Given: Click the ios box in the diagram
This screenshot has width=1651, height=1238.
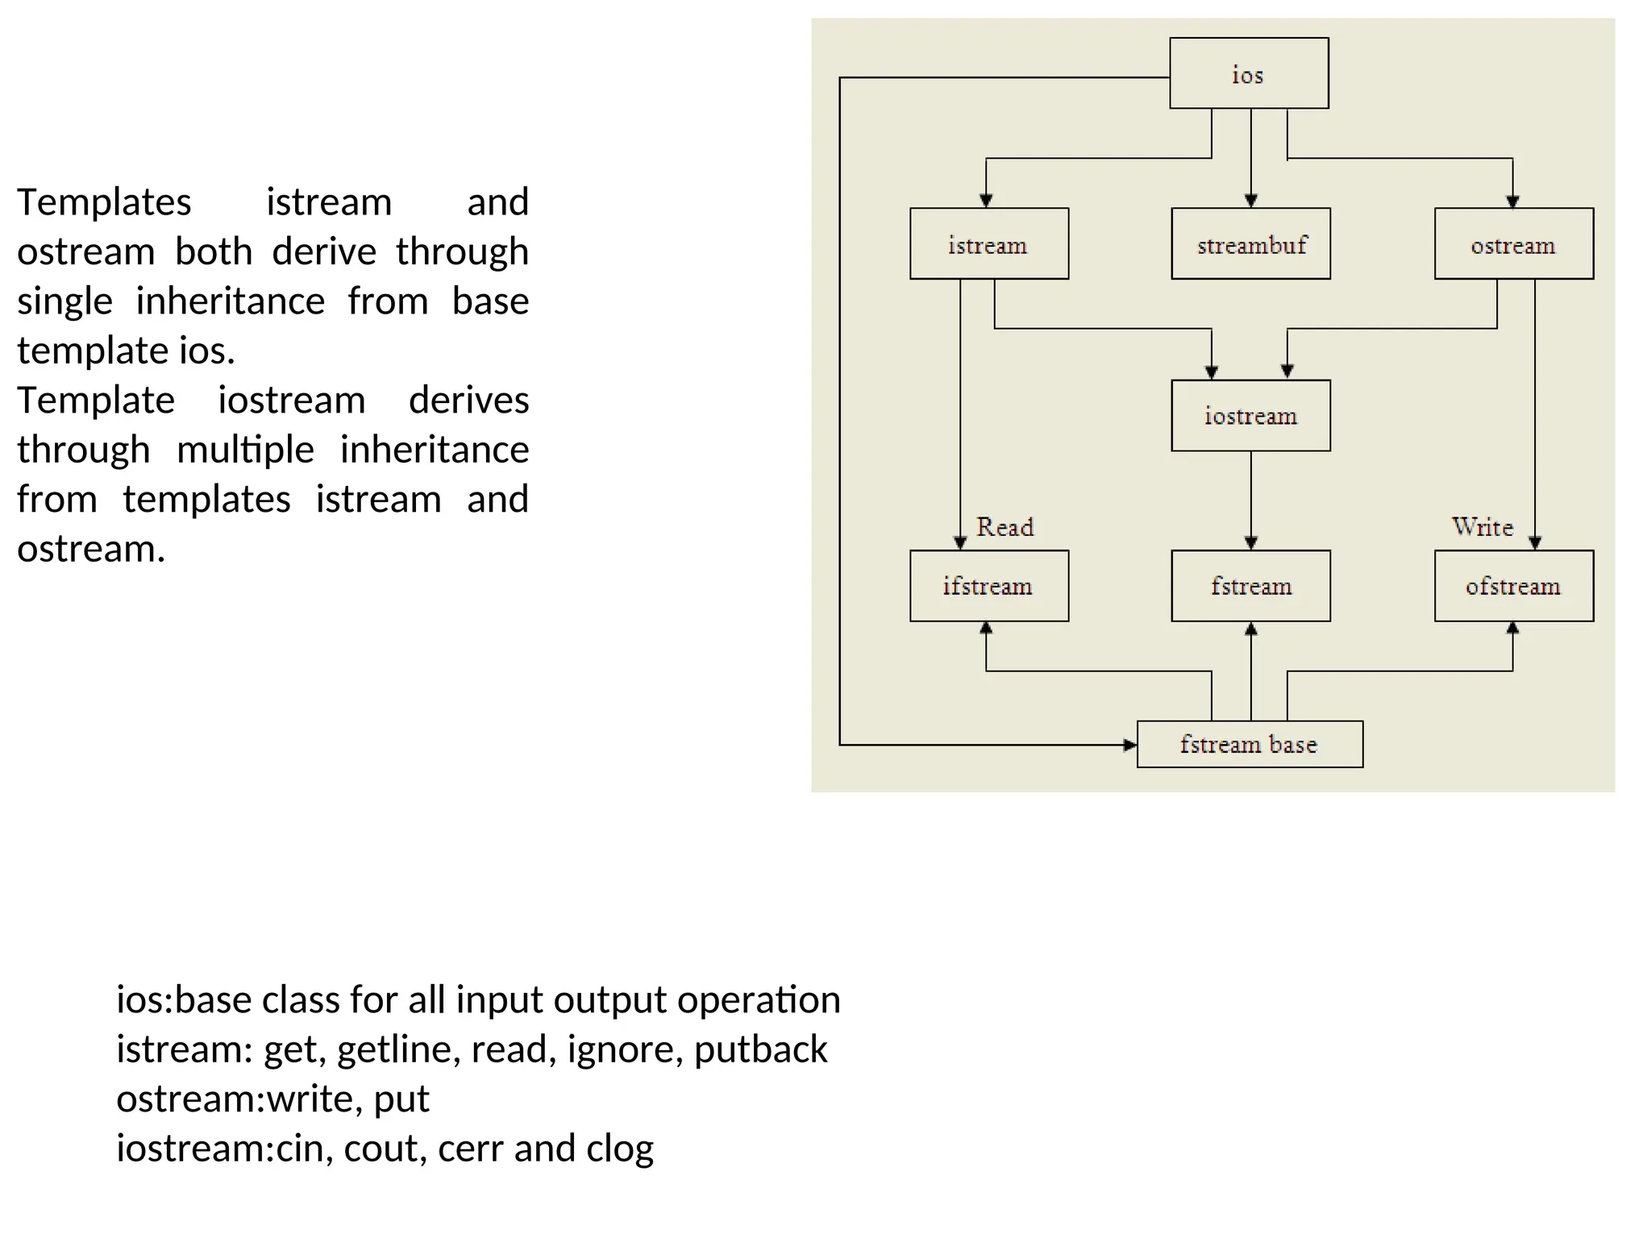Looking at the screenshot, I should pos(1249,73).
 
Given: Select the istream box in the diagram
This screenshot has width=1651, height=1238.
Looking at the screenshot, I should pos(989,244).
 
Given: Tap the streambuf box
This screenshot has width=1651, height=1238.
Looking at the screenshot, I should pos(1250,244).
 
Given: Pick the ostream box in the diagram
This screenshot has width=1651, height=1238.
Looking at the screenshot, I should pos(1513,244).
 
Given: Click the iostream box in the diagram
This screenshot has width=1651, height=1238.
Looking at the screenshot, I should pos(1250,416).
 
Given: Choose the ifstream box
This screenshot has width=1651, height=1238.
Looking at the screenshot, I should pos(989,586).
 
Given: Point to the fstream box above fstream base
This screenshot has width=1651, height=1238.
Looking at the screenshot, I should pos(1250,586).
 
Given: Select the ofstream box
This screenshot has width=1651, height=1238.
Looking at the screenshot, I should pos(1513,586).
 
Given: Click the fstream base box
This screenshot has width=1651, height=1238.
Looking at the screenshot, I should pos(1250,744).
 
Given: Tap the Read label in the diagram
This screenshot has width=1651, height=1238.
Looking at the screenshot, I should pos(1004,527).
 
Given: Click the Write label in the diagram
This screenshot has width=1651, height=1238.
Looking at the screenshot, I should pos(1482,527).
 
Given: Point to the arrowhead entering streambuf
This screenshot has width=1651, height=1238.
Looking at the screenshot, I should pos(1251,201).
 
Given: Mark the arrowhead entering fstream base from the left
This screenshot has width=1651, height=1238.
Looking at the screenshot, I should pos(1129,745).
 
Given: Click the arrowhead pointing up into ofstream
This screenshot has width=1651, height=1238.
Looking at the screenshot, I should pos(1512,629).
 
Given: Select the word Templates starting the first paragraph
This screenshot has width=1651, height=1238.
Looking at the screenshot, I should pos(105,201).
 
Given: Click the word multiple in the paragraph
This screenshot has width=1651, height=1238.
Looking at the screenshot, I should pos(245,450).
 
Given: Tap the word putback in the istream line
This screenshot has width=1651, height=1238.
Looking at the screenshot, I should pos(760,1049).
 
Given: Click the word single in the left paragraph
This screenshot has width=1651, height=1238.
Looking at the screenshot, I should pos(64,301).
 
